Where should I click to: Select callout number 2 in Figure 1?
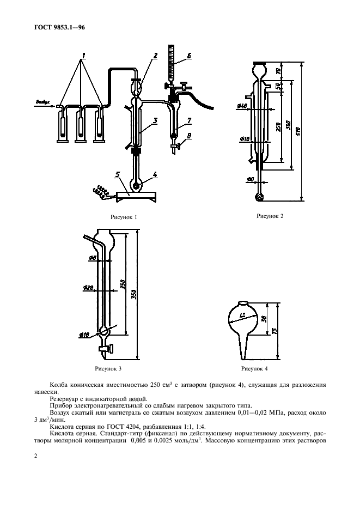coord(155,56)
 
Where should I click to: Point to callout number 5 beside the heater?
coord(118,175)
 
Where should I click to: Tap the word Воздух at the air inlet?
coord(43,101)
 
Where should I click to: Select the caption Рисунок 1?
coord(124,217)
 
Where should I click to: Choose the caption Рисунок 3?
coord(108,368)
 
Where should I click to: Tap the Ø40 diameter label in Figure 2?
coord(243,106)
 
